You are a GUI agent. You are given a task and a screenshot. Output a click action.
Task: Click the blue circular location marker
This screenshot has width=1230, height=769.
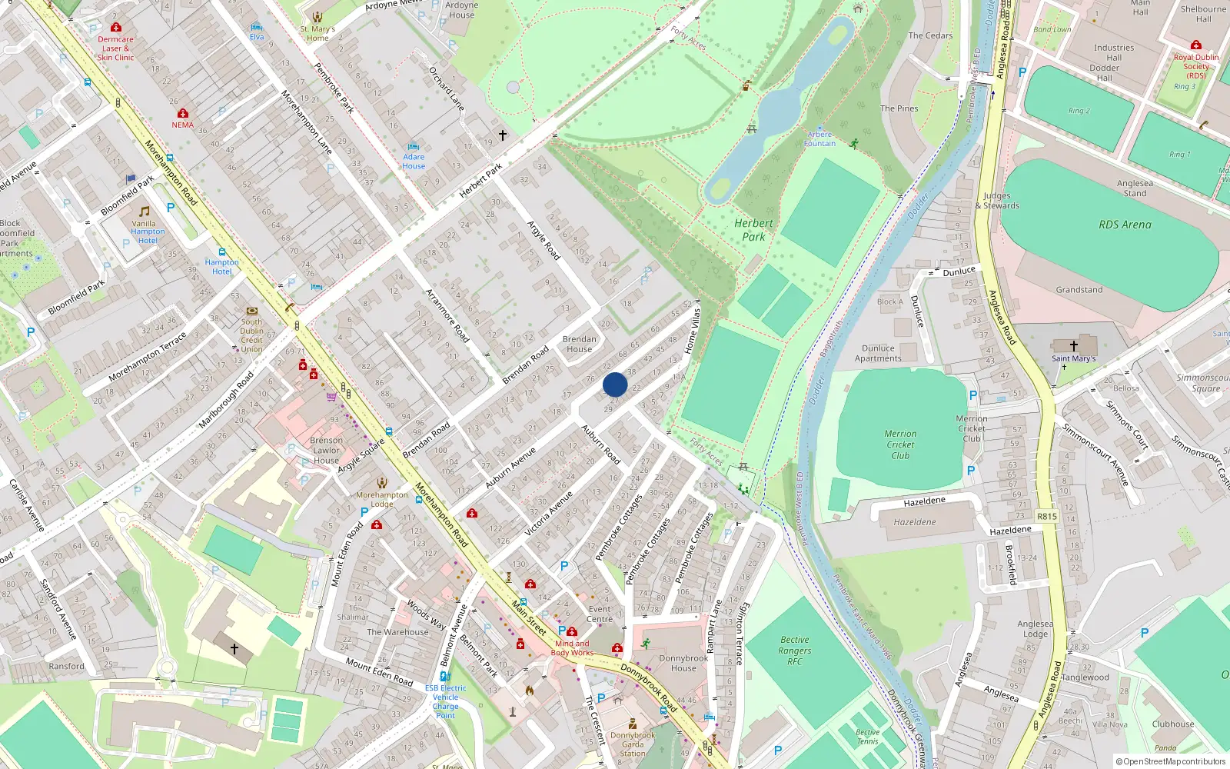[x=615, y=384]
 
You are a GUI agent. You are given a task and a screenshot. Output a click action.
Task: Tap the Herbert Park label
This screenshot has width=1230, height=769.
[x=753, y=230]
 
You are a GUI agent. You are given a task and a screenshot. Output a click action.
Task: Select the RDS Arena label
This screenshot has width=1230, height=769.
[x=1125, y=225]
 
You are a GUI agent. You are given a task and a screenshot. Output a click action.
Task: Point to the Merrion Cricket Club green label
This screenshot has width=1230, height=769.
[x=900, y=444]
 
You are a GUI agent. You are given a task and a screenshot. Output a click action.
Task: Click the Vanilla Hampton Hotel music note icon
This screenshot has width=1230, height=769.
[x=145, y=211]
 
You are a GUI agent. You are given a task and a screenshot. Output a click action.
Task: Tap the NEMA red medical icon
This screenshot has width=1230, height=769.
[x=182, y=113]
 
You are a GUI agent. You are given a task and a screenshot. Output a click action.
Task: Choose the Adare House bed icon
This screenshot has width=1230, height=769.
[x=414, y=146]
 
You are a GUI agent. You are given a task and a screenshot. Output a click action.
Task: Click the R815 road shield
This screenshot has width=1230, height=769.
[x=1046, y=516]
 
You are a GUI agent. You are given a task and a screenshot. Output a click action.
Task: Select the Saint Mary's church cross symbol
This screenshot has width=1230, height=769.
[x=1074, y=346]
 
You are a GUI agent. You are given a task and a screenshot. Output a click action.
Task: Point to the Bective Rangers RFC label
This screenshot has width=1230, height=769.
[x=794, y=651]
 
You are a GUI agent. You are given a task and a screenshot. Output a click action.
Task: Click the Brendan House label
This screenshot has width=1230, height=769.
[x=579, y=344]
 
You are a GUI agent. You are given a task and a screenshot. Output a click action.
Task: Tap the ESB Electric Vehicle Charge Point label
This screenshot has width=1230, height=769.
[x=445, y=701]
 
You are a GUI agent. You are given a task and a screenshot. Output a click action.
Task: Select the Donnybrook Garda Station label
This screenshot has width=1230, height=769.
[x=633, y=744]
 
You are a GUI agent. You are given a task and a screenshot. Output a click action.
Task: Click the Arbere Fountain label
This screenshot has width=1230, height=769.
[x=819, y=139]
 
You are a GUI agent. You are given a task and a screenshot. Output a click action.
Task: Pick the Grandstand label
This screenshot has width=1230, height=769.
[x=1079, y=290]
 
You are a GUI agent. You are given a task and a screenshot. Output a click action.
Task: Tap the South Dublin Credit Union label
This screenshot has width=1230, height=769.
[x=251, y=335]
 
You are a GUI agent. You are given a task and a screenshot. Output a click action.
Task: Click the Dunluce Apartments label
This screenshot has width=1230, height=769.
[x=878, y=353]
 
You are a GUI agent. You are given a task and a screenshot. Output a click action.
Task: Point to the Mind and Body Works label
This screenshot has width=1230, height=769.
[x=572, y=648]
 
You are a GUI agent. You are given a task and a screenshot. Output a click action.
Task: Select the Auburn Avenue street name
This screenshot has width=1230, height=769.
[x=510, y=467]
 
